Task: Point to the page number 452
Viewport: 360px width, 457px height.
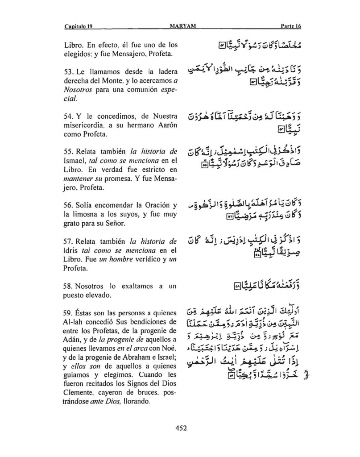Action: (180, 428)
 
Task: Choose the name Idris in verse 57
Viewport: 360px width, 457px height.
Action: (72, 251)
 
